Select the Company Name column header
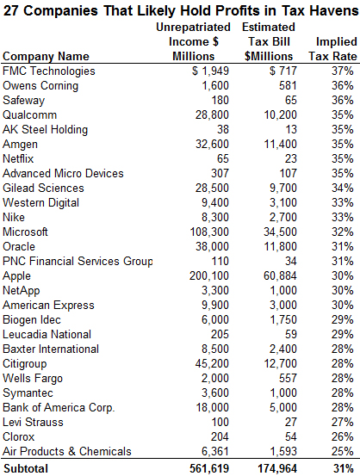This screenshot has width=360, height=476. [x=46, y=57]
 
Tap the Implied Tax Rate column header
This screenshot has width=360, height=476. [x=333, y=49]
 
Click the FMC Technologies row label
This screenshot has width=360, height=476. [x=48, y=71]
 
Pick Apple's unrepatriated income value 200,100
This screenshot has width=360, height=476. [x=209, y=276]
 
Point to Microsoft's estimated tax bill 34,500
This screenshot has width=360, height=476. [x=280, y=232]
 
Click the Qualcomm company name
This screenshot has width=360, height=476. [x=29, y=115]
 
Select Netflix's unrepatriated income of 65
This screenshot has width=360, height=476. [x=223, y=158]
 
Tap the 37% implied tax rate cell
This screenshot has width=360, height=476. [x=343, y=71]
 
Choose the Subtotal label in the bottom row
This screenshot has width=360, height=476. [x=25, y=469]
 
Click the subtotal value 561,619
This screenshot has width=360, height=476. [x=209, y=469]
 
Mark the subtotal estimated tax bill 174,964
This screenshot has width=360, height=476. [x=277, y=469]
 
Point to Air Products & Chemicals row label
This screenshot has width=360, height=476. [x=67, y=451]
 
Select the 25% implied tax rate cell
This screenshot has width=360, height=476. [x=343, y=451]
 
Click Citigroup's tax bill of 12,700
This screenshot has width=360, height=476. [x=280, y=364]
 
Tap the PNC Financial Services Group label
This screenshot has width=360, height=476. [x=78, y=262]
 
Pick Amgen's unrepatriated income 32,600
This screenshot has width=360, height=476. [x=212, y=145]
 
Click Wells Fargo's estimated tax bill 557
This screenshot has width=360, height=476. [x=288, y=378]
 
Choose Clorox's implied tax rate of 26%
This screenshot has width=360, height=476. [x=343, y=437]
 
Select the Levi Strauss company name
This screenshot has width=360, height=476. [x=33, y=423]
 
